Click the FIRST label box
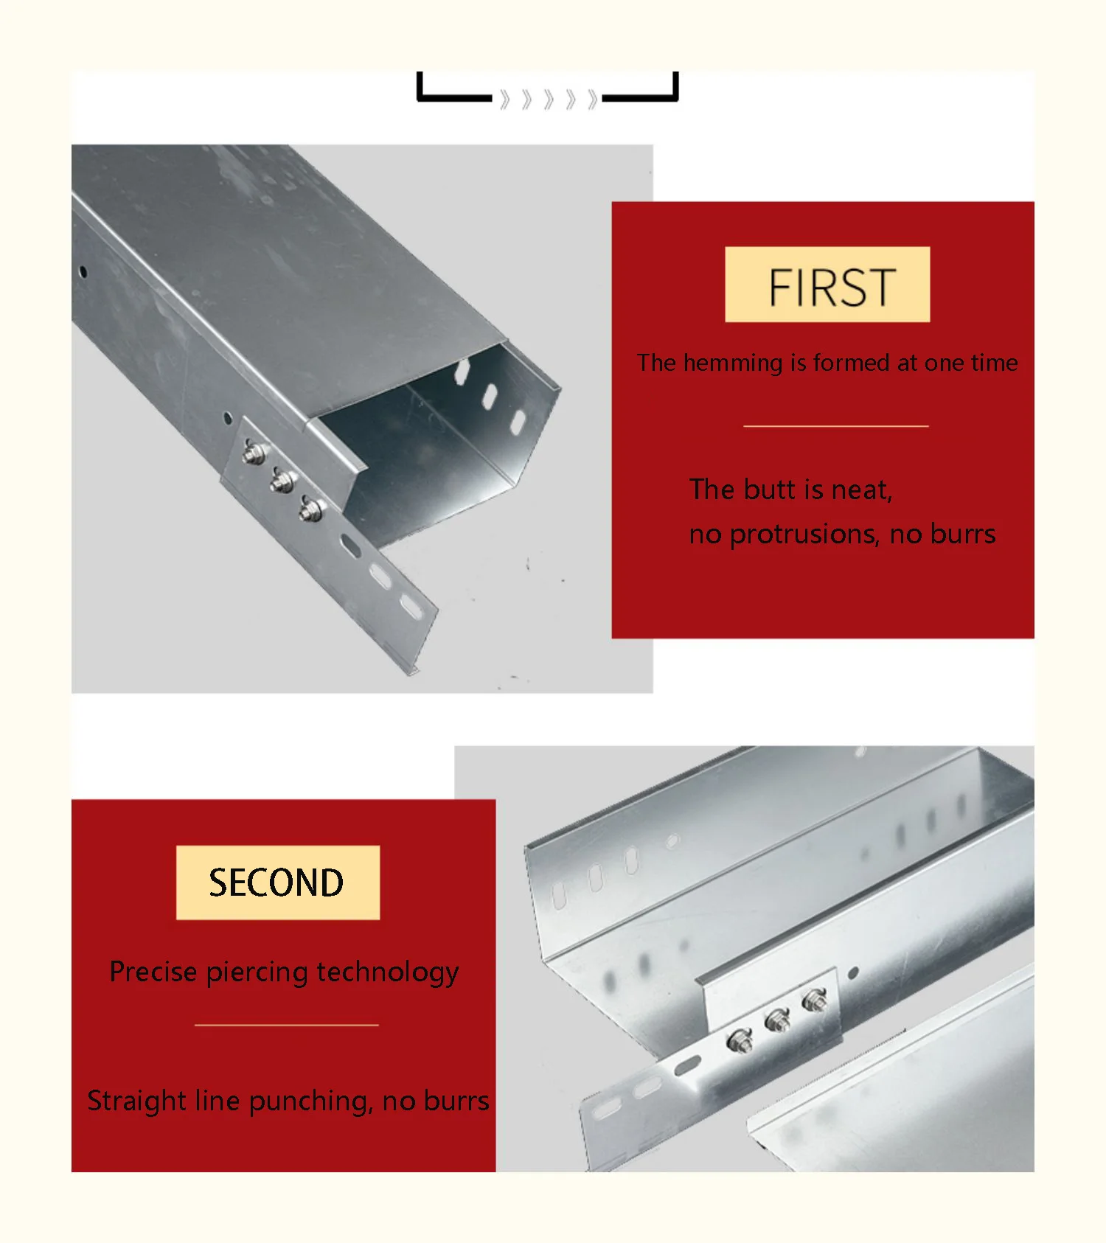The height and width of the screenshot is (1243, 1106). [x=827, y=285]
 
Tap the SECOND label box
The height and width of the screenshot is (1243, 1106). [x=278, y=882]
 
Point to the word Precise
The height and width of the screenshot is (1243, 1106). [x=153, y=972]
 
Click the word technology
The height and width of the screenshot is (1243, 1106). [x=388, y=972]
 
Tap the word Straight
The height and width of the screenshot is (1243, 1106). [x=137, y=1101]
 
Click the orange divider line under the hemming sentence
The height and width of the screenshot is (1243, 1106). [x=835, y=426]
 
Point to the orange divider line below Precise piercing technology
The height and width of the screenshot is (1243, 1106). [x=287, y=1025]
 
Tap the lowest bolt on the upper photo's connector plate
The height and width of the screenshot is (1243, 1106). [x=311, y=509]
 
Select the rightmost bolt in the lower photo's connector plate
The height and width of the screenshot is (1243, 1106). [x=815, y=1001]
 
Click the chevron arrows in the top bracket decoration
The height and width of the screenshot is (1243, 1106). [x=548, y=100]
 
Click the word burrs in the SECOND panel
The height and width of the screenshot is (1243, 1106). [x=457, y=1101]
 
